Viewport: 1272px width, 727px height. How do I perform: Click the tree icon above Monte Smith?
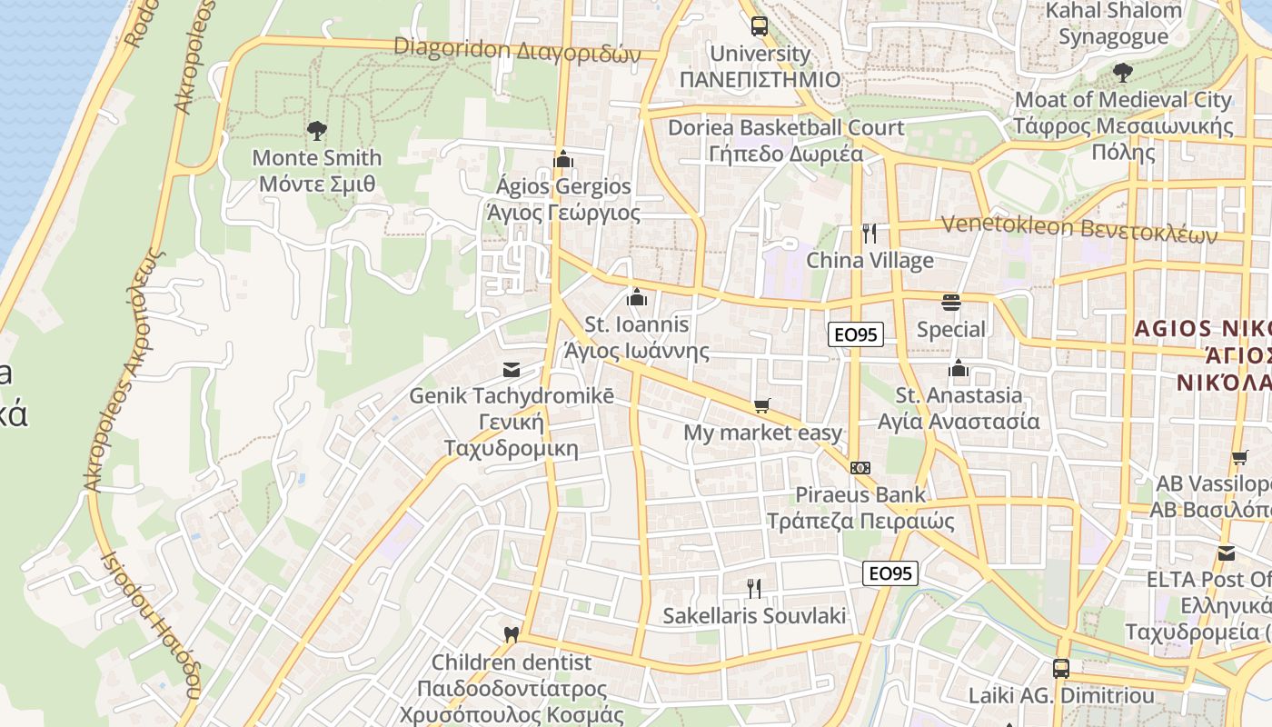coord(316,131)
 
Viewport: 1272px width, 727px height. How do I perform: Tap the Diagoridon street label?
coord(517,50)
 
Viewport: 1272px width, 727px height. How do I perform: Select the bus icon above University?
coord(759,25)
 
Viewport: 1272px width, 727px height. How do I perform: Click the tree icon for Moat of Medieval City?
coord(1123,72)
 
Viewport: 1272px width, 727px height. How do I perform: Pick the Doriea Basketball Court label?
coord(786,140)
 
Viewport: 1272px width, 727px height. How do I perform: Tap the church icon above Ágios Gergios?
coord(563,160)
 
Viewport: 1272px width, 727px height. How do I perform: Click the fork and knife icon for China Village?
coord(870,234)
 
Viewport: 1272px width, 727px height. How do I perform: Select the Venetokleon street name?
coord(1079,227)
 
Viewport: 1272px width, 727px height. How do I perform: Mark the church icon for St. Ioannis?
coord(637,297)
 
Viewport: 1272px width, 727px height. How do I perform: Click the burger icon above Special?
coord(951,302)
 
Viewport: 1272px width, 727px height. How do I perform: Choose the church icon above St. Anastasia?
coord(958,368)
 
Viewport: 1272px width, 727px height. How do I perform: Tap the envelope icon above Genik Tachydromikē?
coord(512,370)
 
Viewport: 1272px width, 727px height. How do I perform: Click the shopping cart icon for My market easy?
coord(762,405)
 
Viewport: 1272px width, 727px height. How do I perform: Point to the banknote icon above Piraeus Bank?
coord(860,468)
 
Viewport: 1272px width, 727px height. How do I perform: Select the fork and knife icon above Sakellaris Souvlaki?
coord(754,588)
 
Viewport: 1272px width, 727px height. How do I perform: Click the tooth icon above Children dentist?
coord(511,633)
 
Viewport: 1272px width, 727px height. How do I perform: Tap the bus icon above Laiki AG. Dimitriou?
coord(1060,669)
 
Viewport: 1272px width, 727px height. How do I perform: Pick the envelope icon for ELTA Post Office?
coord(1227,553)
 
